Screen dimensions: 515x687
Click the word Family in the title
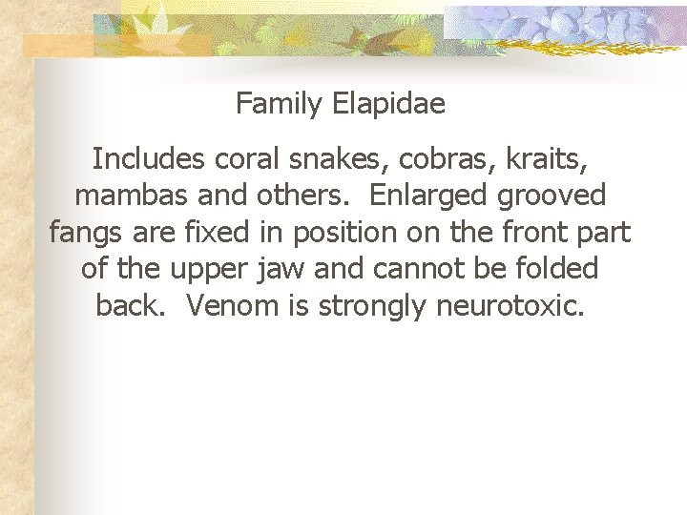(x=280, y=103)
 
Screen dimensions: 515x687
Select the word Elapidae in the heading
(x=389, y=103)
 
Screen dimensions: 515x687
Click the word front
(x=532, y=232)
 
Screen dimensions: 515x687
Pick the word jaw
(x=282, y=270)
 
